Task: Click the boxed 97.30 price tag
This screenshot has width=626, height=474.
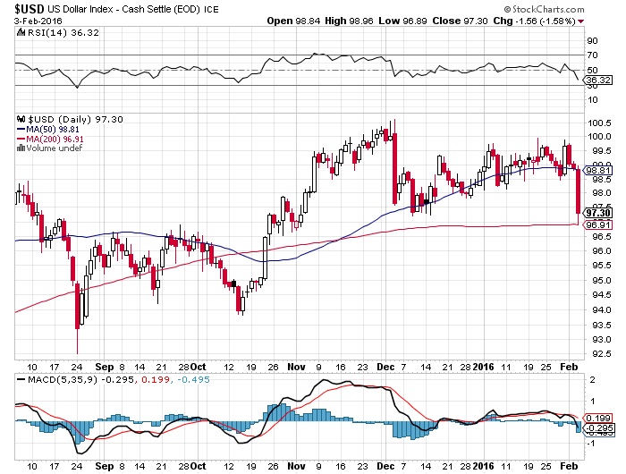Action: point(596,213)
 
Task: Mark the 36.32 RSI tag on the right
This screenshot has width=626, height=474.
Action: point(596,80)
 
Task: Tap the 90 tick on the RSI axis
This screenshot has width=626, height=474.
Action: point(591,40)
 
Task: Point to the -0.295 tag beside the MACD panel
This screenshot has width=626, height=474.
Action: point(596,427)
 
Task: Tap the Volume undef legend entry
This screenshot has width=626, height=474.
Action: point(50,148)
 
